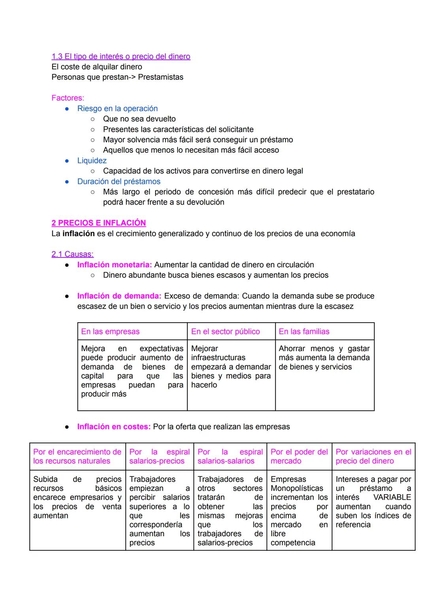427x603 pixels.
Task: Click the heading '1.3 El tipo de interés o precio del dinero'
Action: tap(121, 57)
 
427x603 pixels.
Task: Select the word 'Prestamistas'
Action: tap(161, 77)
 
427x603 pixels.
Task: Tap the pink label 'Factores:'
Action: tap(68, 98)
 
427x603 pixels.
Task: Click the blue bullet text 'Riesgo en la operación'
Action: tap(117, 108)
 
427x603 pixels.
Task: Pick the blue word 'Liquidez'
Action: tap(92, 161)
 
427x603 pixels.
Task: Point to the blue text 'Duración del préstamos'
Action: tap(119, 181)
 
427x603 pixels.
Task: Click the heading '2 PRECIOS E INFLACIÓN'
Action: tap(98, 223)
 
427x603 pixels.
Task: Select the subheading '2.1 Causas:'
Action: tap(72, 254)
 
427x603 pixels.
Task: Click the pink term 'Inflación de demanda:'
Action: tap(119, 296)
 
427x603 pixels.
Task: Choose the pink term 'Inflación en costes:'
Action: tap(114, 427)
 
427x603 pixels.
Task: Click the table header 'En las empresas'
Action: tap(110, 332)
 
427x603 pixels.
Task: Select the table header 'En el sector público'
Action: tap(225, 332)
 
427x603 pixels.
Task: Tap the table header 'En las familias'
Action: tap(304, 332)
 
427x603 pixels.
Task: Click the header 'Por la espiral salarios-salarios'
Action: tap(230, 456)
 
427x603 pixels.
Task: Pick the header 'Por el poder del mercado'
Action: tap(299, 456)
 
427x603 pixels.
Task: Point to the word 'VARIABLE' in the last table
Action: tap(392, 497)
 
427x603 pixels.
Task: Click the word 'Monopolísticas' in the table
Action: tap(297, 488)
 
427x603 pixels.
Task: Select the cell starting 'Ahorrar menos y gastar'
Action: tap(324, 357)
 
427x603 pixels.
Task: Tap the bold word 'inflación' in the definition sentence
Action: tap(78, 234)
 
